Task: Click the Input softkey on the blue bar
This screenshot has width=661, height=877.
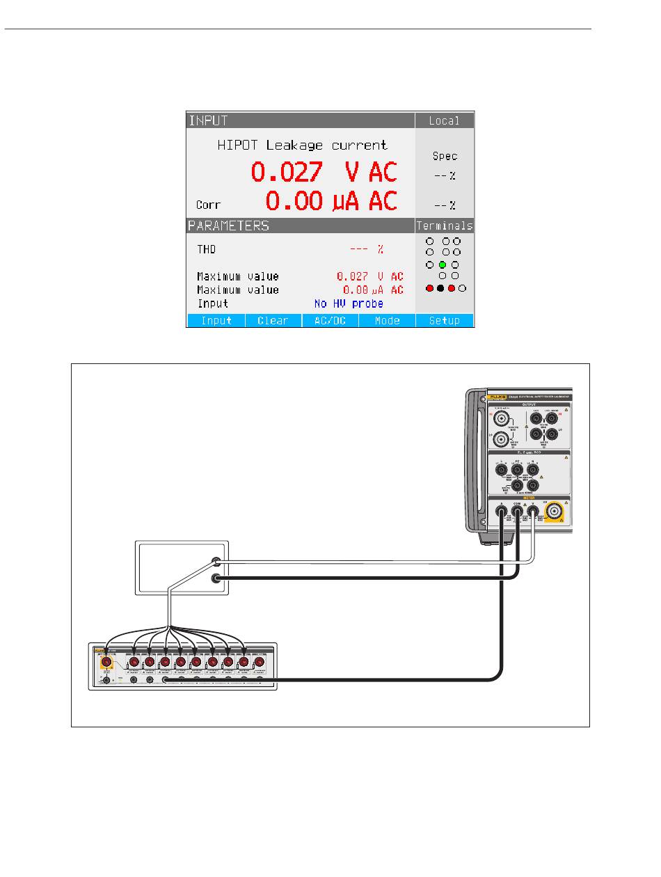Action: pos(216,321)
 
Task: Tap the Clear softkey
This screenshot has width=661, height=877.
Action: pos(273,321)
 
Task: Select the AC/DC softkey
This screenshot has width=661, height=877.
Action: pos(330,321)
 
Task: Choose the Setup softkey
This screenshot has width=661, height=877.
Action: pos(445,321)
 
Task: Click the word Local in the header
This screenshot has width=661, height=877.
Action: pos(445,120)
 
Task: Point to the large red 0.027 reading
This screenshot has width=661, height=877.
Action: pos(287,172)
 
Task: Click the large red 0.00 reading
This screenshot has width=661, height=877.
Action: pos(294,201)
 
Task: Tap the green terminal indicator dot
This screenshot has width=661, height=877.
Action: pos(442,265)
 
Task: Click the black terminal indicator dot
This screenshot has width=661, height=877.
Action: pos(440,288)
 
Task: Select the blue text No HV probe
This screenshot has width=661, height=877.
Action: pos(349,303)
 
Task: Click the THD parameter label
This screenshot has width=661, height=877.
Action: pos(207,248)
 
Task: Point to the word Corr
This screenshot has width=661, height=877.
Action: pos(208,205)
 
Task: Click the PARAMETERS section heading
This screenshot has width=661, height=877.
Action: pos(228,226)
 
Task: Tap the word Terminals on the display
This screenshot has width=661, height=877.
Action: pos(445,226)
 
